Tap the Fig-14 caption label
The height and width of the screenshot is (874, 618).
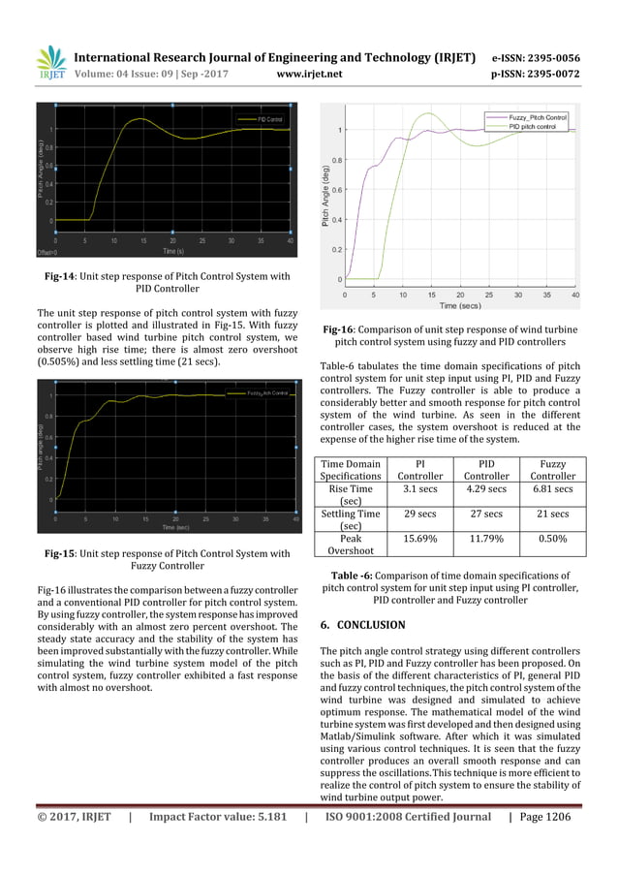click(63, 276)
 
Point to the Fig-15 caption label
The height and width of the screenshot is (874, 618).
click(63, 554)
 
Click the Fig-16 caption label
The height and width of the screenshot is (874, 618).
click(342, 328)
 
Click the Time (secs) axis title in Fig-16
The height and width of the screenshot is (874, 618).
click(460, 305)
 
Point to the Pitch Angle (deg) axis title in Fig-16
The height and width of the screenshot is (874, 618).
click(326, 199)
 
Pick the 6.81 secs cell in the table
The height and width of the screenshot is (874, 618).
click(552, 489)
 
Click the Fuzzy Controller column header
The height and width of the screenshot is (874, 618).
click(552, 470)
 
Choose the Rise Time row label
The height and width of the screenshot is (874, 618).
click(351, 495)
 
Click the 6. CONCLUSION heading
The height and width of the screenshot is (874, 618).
click(362, 625)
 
